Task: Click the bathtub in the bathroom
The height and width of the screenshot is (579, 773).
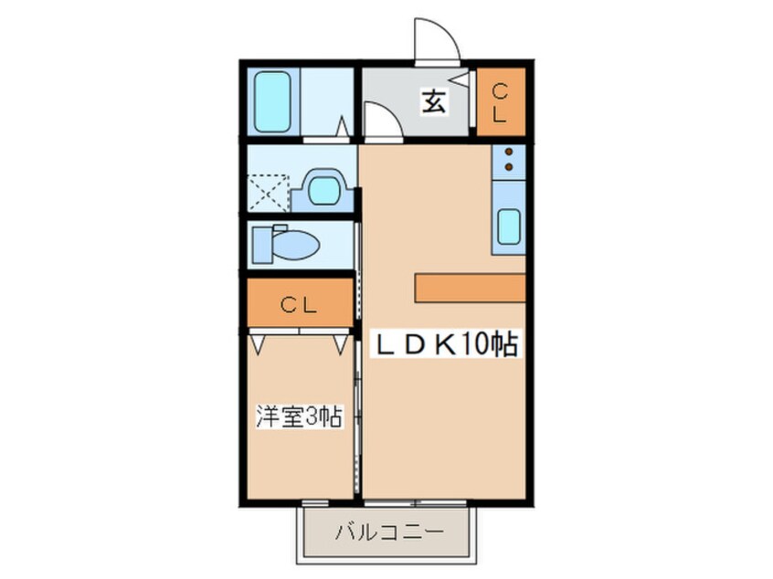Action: tap(270, 101)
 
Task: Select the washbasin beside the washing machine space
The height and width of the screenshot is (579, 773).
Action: tap(323, 190)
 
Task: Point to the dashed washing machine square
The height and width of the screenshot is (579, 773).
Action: tap(270, 193)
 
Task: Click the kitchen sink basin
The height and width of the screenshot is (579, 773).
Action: tap(510, 226)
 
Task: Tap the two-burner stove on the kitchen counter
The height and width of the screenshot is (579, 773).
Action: tap(509, 162)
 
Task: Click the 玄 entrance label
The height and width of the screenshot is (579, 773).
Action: tap(433, 102)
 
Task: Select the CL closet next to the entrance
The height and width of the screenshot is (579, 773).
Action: tap(500, 101)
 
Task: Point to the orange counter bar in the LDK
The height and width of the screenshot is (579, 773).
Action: tap(470, 287)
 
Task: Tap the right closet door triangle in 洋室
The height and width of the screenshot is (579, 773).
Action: tap(340, 344)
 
